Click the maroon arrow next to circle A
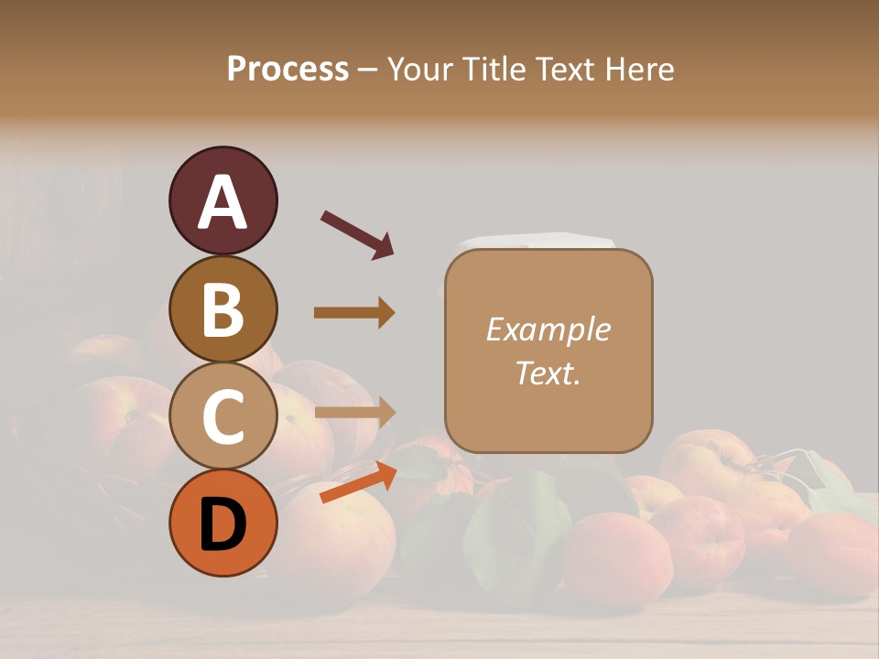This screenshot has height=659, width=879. point(357,233)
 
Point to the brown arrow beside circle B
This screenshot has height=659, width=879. point(354,313)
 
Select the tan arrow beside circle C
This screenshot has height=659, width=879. point(354,413)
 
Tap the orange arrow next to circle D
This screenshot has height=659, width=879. point(358,482)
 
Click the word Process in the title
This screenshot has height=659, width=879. point(288,69)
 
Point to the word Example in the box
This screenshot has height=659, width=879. point(548,329)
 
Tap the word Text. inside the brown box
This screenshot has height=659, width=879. point(548,373)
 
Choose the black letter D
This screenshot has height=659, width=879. point(222,525)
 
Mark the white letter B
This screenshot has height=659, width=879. point(222,309)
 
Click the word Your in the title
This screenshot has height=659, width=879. point(422,69)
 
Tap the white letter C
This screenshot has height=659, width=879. point(222,417)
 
